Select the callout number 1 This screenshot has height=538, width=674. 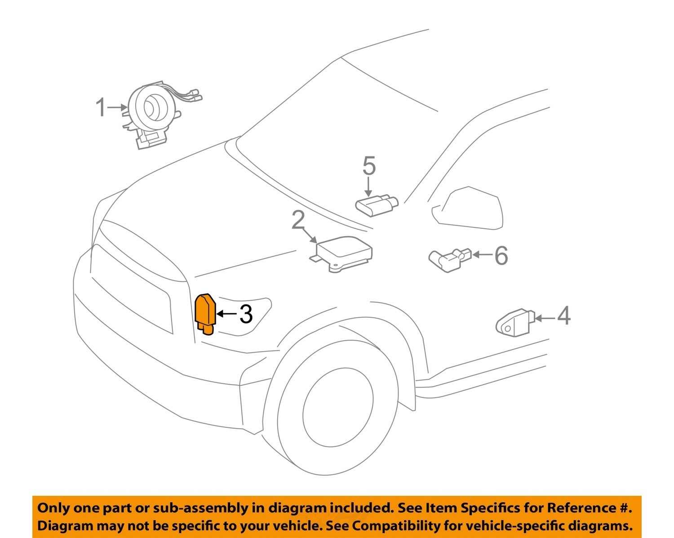pos(101,107)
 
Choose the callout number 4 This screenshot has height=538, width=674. pos(564,316)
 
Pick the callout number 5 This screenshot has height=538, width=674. pos(369,166)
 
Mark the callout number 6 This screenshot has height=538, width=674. pos(501,255)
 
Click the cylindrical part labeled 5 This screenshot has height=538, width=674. pos(377,205)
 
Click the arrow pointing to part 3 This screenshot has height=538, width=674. pos(227,314)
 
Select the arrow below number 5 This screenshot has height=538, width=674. pos(368,186)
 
